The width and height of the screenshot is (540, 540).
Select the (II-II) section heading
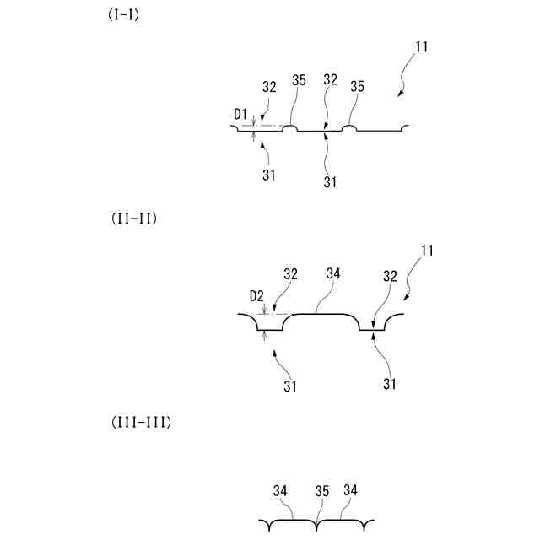(135, 218)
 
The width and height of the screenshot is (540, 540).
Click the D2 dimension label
(258, 296)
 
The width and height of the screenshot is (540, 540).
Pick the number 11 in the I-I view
(422, 46)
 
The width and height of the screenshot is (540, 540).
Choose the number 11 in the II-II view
(428, 251)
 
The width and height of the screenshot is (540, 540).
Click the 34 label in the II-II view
(333, 273)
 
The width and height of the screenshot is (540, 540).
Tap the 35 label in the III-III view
(321, 490)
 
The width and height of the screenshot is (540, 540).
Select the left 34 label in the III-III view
(281, 489)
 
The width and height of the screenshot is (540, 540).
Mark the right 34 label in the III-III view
(351, 489)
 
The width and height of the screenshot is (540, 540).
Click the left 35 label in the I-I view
(299, 80)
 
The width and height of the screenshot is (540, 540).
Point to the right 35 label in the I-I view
(357, 85)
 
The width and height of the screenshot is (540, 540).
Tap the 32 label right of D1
(270, 85)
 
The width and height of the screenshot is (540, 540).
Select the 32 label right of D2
(290, 273)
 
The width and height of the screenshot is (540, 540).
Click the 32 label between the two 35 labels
(330, 80)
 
